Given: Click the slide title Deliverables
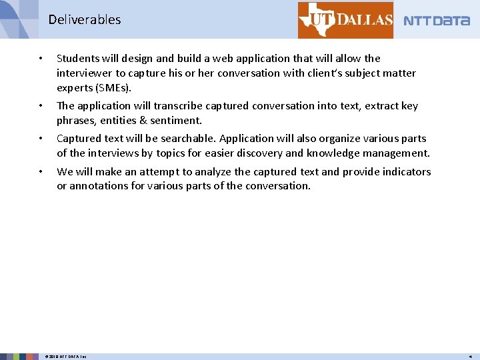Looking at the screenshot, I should coord(84,20).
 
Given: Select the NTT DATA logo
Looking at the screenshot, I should coord(437,21).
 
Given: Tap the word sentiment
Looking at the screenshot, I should coord(176,120).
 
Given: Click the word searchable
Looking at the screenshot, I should coord(188,139).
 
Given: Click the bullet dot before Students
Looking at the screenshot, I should coord(41,59).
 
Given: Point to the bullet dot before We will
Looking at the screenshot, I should coord(41,172).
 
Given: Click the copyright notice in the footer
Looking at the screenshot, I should coord(65,357).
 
